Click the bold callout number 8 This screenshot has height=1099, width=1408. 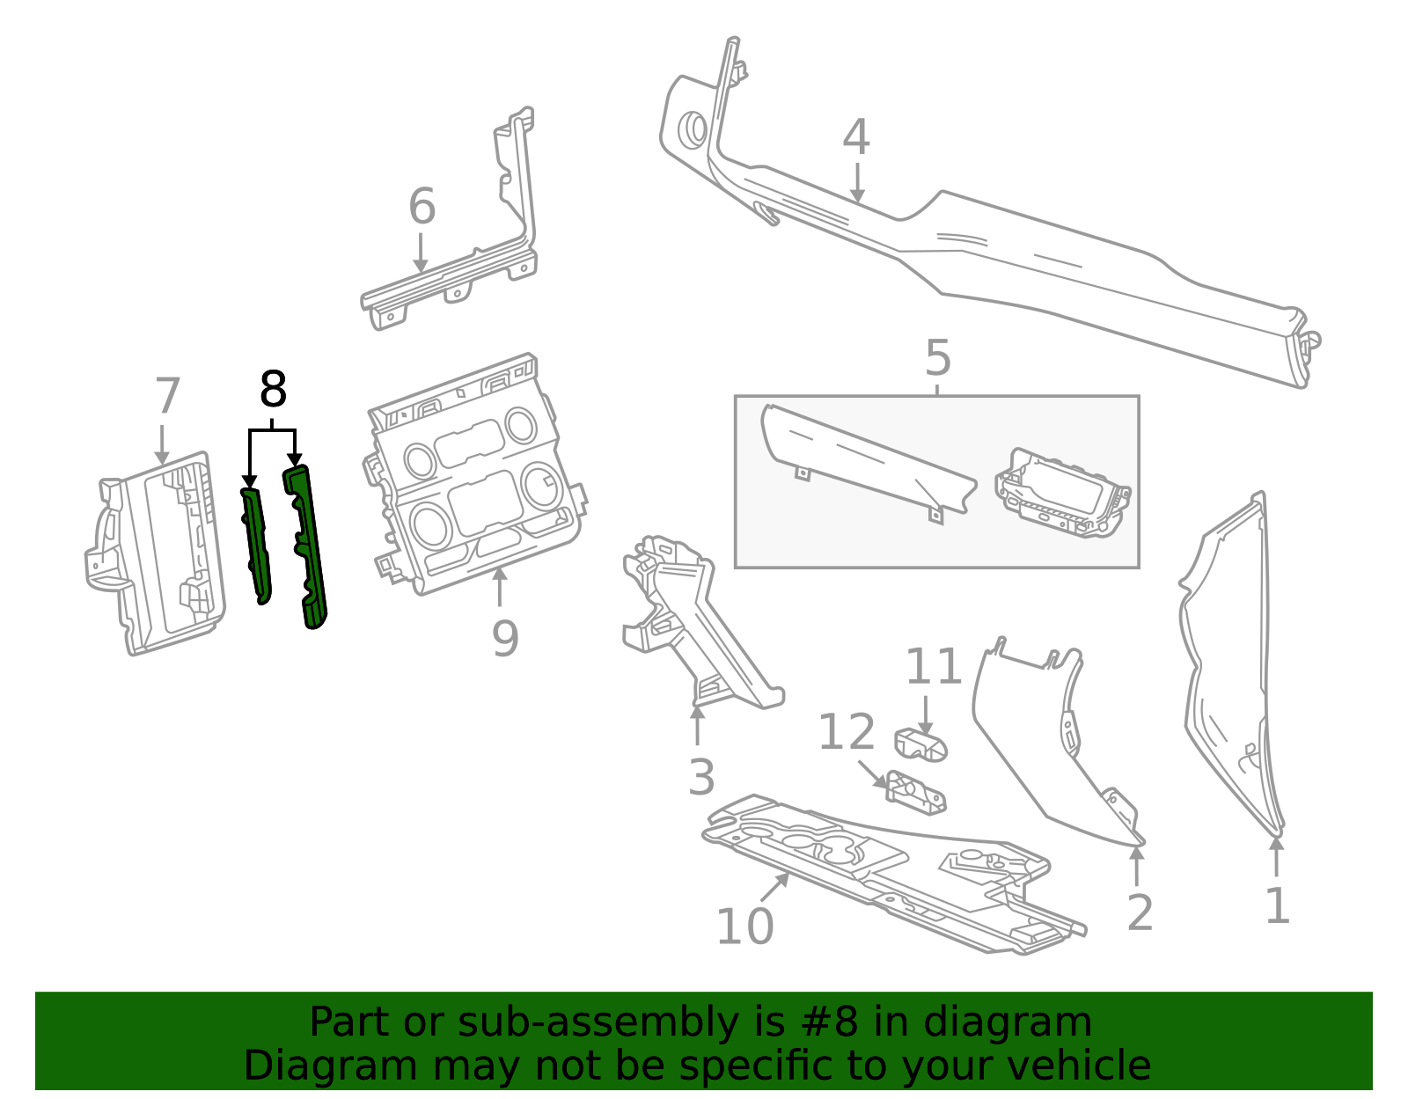coord(273,390)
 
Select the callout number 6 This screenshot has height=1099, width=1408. coord(422,208)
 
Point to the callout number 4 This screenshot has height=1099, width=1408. coord(855,138)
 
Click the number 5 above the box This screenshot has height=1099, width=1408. coord(938,359)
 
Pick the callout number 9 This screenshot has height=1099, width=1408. coord(504,638)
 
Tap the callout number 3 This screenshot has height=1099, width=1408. coord(700,778)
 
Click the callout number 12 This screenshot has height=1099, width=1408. coord(846,733)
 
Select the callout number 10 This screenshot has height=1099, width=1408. coord(744,927)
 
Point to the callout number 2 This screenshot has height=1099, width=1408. coord(1139,913)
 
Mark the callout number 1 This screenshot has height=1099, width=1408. coord(1277,906)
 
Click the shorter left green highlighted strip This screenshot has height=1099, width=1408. coord(256,546)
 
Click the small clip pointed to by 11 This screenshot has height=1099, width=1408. coord(920,745)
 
